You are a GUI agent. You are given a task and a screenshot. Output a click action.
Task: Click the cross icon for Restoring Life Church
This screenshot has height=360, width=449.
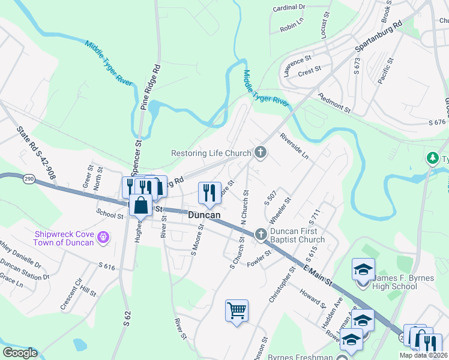(261, 152)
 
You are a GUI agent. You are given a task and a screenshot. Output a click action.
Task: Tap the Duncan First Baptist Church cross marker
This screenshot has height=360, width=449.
(261, 234)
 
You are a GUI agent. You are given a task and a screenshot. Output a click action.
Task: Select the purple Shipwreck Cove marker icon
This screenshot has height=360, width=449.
(103, 238)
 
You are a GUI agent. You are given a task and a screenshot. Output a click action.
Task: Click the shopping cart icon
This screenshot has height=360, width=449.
(237, 310)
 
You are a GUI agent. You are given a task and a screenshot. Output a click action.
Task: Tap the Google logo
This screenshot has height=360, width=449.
(19, 353)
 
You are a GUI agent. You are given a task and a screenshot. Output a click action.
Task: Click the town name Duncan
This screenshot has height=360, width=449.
(204, 215)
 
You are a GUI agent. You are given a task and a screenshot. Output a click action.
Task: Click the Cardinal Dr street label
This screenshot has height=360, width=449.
(289, 8)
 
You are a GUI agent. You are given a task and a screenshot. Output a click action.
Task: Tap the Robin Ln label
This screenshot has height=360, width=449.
(291, 27)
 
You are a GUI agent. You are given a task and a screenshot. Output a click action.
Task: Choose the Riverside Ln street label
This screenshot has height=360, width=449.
(294, 146)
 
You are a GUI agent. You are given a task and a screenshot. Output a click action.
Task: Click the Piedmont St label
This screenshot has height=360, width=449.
(334, 103)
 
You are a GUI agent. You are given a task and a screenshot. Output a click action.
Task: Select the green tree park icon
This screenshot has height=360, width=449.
(432, 158)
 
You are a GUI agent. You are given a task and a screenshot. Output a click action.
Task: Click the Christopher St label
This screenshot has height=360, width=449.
(283, 285)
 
